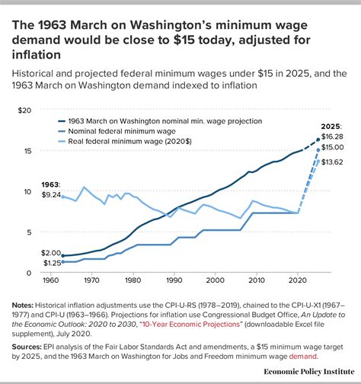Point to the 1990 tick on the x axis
coord(174,279)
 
